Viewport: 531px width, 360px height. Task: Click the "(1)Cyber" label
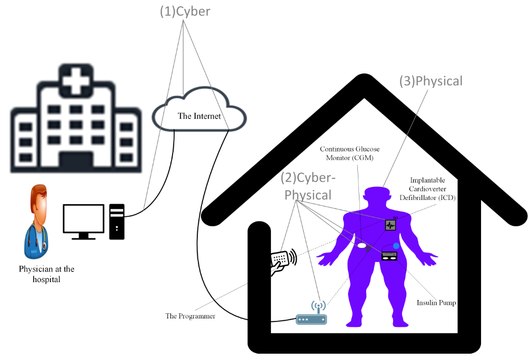[185, 12]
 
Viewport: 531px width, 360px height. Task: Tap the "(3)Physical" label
[431, 81]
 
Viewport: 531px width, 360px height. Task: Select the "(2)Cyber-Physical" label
[308, 186]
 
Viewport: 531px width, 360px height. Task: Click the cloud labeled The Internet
[199, 114]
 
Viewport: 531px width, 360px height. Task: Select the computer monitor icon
[83, 220]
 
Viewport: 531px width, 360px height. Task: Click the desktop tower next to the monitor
[117, 221]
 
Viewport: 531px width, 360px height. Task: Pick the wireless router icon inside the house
[311, 315]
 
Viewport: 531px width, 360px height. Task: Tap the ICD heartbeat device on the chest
[390, 225]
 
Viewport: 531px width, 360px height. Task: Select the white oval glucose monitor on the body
[362, 245]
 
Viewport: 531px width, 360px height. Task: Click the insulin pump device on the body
[389, 256]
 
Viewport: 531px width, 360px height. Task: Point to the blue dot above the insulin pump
[396, 246]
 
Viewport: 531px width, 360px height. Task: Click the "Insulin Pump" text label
[436, 303]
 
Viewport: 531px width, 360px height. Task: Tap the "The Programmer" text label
[191, 316]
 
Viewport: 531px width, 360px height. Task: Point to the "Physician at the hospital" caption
[47, 274]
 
